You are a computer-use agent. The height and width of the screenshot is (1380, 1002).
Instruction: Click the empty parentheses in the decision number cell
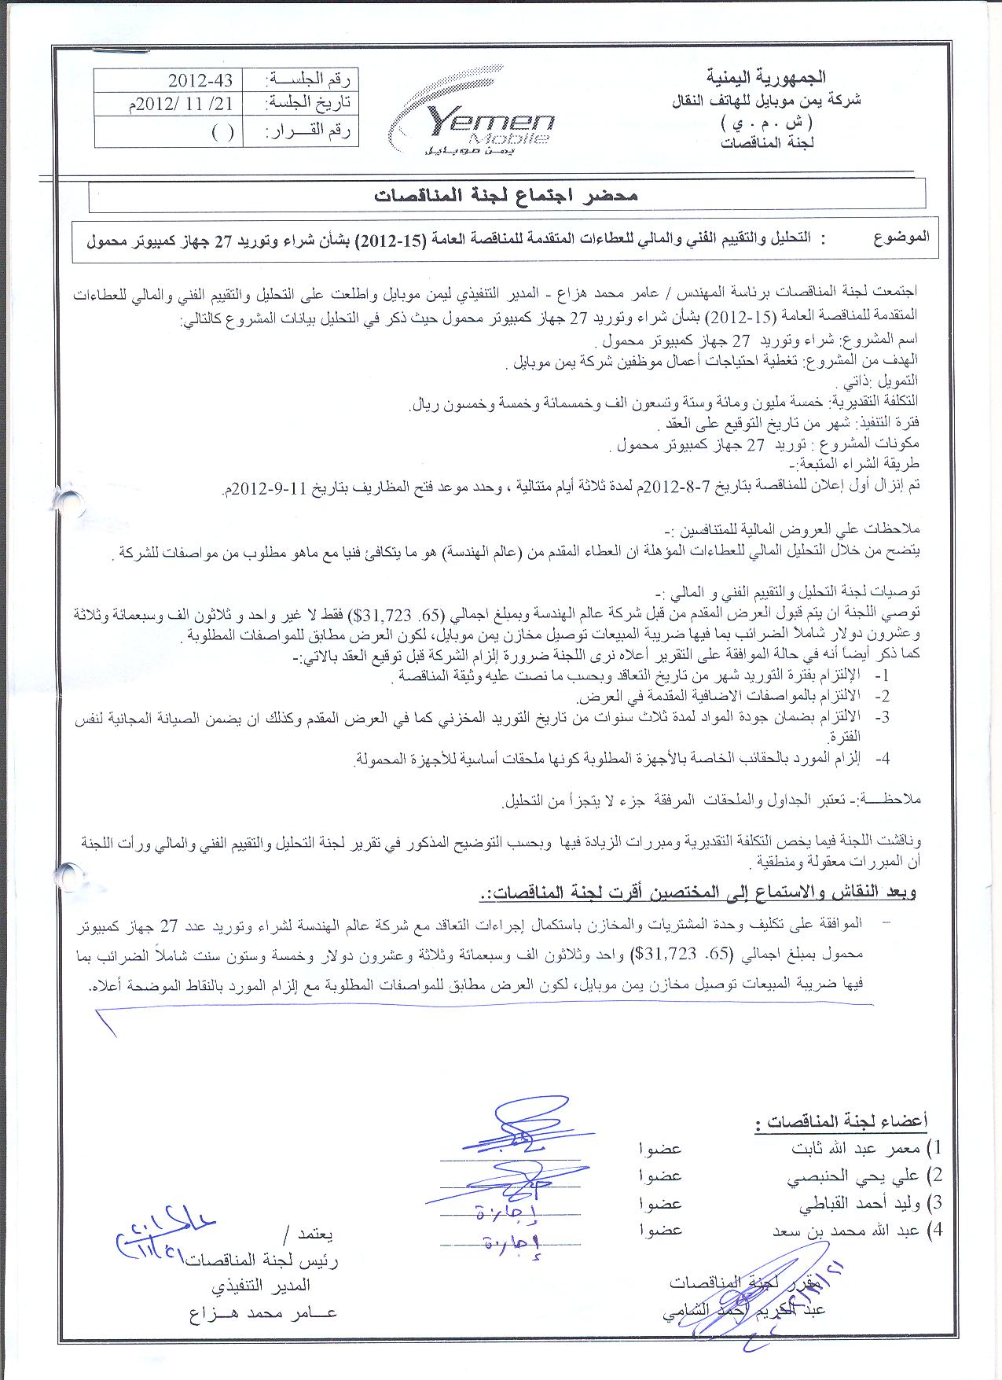click(x=222, y=131)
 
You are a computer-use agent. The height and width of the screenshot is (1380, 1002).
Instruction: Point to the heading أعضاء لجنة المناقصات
click(x=840, y=1121)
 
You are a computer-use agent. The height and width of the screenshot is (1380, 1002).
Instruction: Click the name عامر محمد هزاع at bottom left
click(x=262, y=1313)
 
